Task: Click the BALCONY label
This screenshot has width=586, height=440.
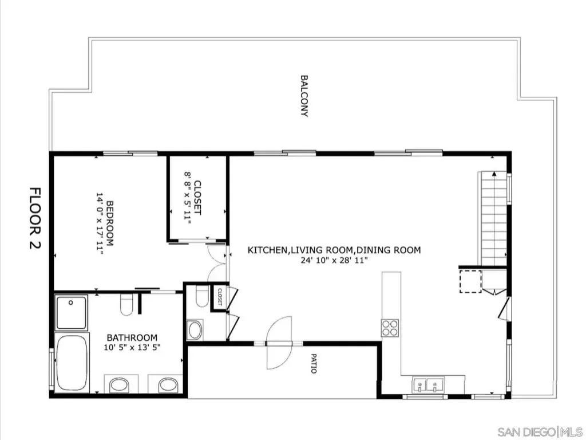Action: point(304,96)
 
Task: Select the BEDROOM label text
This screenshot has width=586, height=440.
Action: point(110,223)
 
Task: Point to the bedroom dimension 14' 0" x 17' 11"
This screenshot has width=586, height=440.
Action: point(100,224)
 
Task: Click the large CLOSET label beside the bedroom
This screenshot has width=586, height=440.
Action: point(197,198)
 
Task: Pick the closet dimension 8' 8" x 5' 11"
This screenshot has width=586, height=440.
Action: point(188,198)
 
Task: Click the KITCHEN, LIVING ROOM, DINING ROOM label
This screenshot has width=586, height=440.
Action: point(334,250)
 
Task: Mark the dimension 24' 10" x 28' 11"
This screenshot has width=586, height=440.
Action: point(334,260)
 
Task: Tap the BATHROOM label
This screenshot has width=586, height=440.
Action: point(132,337)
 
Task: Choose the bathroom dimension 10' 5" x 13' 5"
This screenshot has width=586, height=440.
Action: point(132,347)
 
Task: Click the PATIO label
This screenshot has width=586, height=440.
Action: point(314,363)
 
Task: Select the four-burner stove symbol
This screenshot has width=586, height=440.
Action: point(390,328)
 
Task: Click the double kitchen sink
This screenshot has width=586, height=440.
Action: point(428,385)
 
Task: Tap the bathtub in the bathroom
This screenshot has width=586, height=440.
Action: point(72,363)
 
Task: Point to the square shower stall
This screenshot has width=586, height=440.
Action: point(71,312)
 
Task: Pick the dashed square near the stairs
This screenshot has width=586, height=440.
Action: point(470,281)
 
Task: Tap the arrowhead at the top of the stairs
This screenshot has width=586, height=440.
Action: point(494,174)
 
